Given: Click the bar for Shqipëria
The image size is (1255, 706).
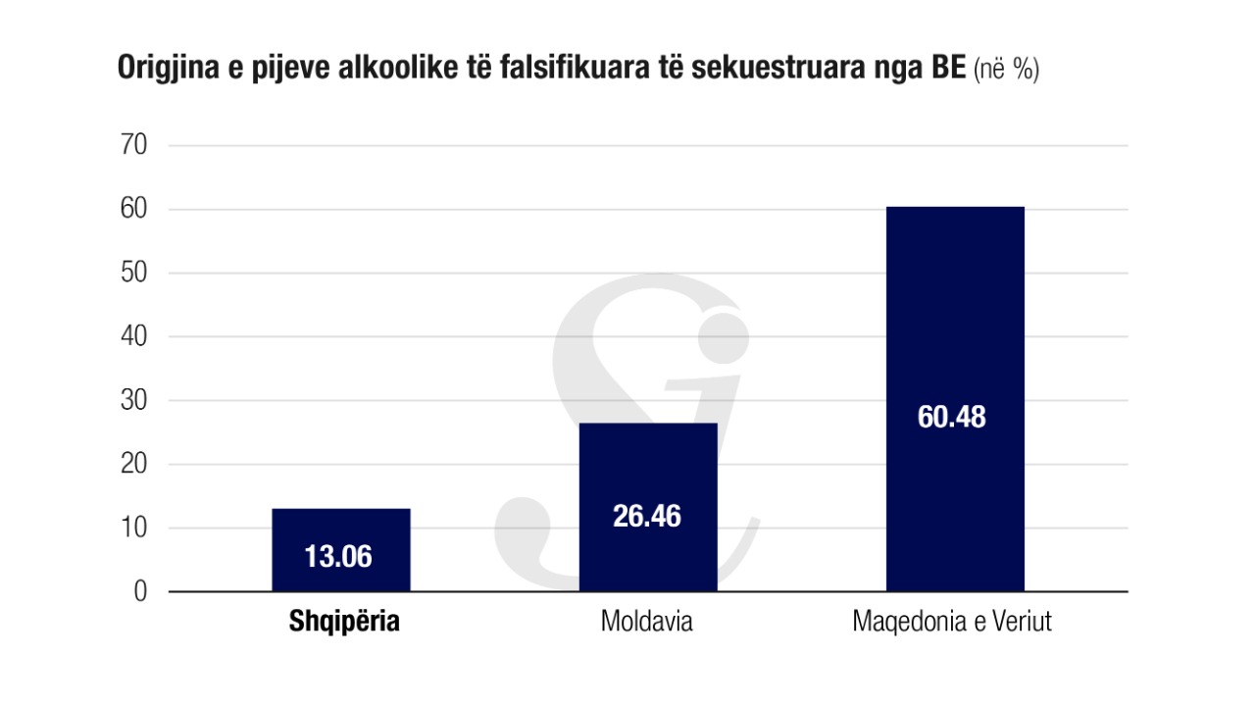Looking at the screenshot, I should click(x=340, y=534).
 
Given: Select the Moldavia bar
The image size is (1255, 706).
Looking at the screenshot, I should click(x=648, y=471).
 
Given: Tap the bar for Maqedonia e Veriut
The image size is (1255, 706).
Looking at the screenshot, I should click(x=955, y=324).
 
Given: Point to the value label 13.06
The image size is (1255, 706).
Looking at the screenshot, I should click(x=338, y=557).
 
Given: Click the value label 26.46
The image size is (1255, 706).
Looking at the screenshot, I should click(x=647, y=517).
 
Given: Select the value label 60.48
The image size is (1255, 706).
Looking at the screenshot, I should click(x=952, y=417).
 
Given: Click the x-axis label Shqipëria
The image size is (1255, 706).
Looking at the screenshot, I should click(x=344, y=622).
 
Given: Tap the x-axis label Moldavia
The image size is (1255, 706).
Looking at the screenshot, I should click(x=647, y=622).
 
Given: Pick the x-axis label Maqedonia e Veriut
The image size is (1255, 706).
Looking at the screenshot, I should click(x=952, y=622).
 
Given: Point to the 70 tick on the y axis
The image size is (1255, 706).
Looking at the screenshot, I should click(x=132, y=146).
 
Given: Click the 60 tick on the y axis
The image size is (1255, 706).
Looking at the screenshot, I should click(x=132, y=210).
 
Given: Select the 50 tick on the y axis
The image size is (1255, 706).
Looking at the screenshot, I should click(x=132, y=274).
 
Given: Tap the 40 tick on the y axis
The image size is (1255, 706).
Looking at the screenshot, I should click(x=132, y=337).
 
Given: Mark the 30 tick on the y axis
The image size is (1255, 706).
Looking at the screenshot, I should click(x=132, y=401).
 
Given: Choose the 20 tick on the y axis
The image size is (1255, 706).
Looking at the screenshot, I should click(x=132, y=465).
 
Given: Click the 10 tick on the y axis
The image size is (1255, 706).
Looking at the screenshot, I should click(x=132, y=529).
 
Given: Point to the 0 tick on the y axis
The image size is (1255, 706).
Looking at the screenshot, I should click(x=139, y=592).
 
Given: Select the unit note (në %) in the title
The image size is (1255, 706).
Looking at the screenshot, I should click(x=1006, y=71).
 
